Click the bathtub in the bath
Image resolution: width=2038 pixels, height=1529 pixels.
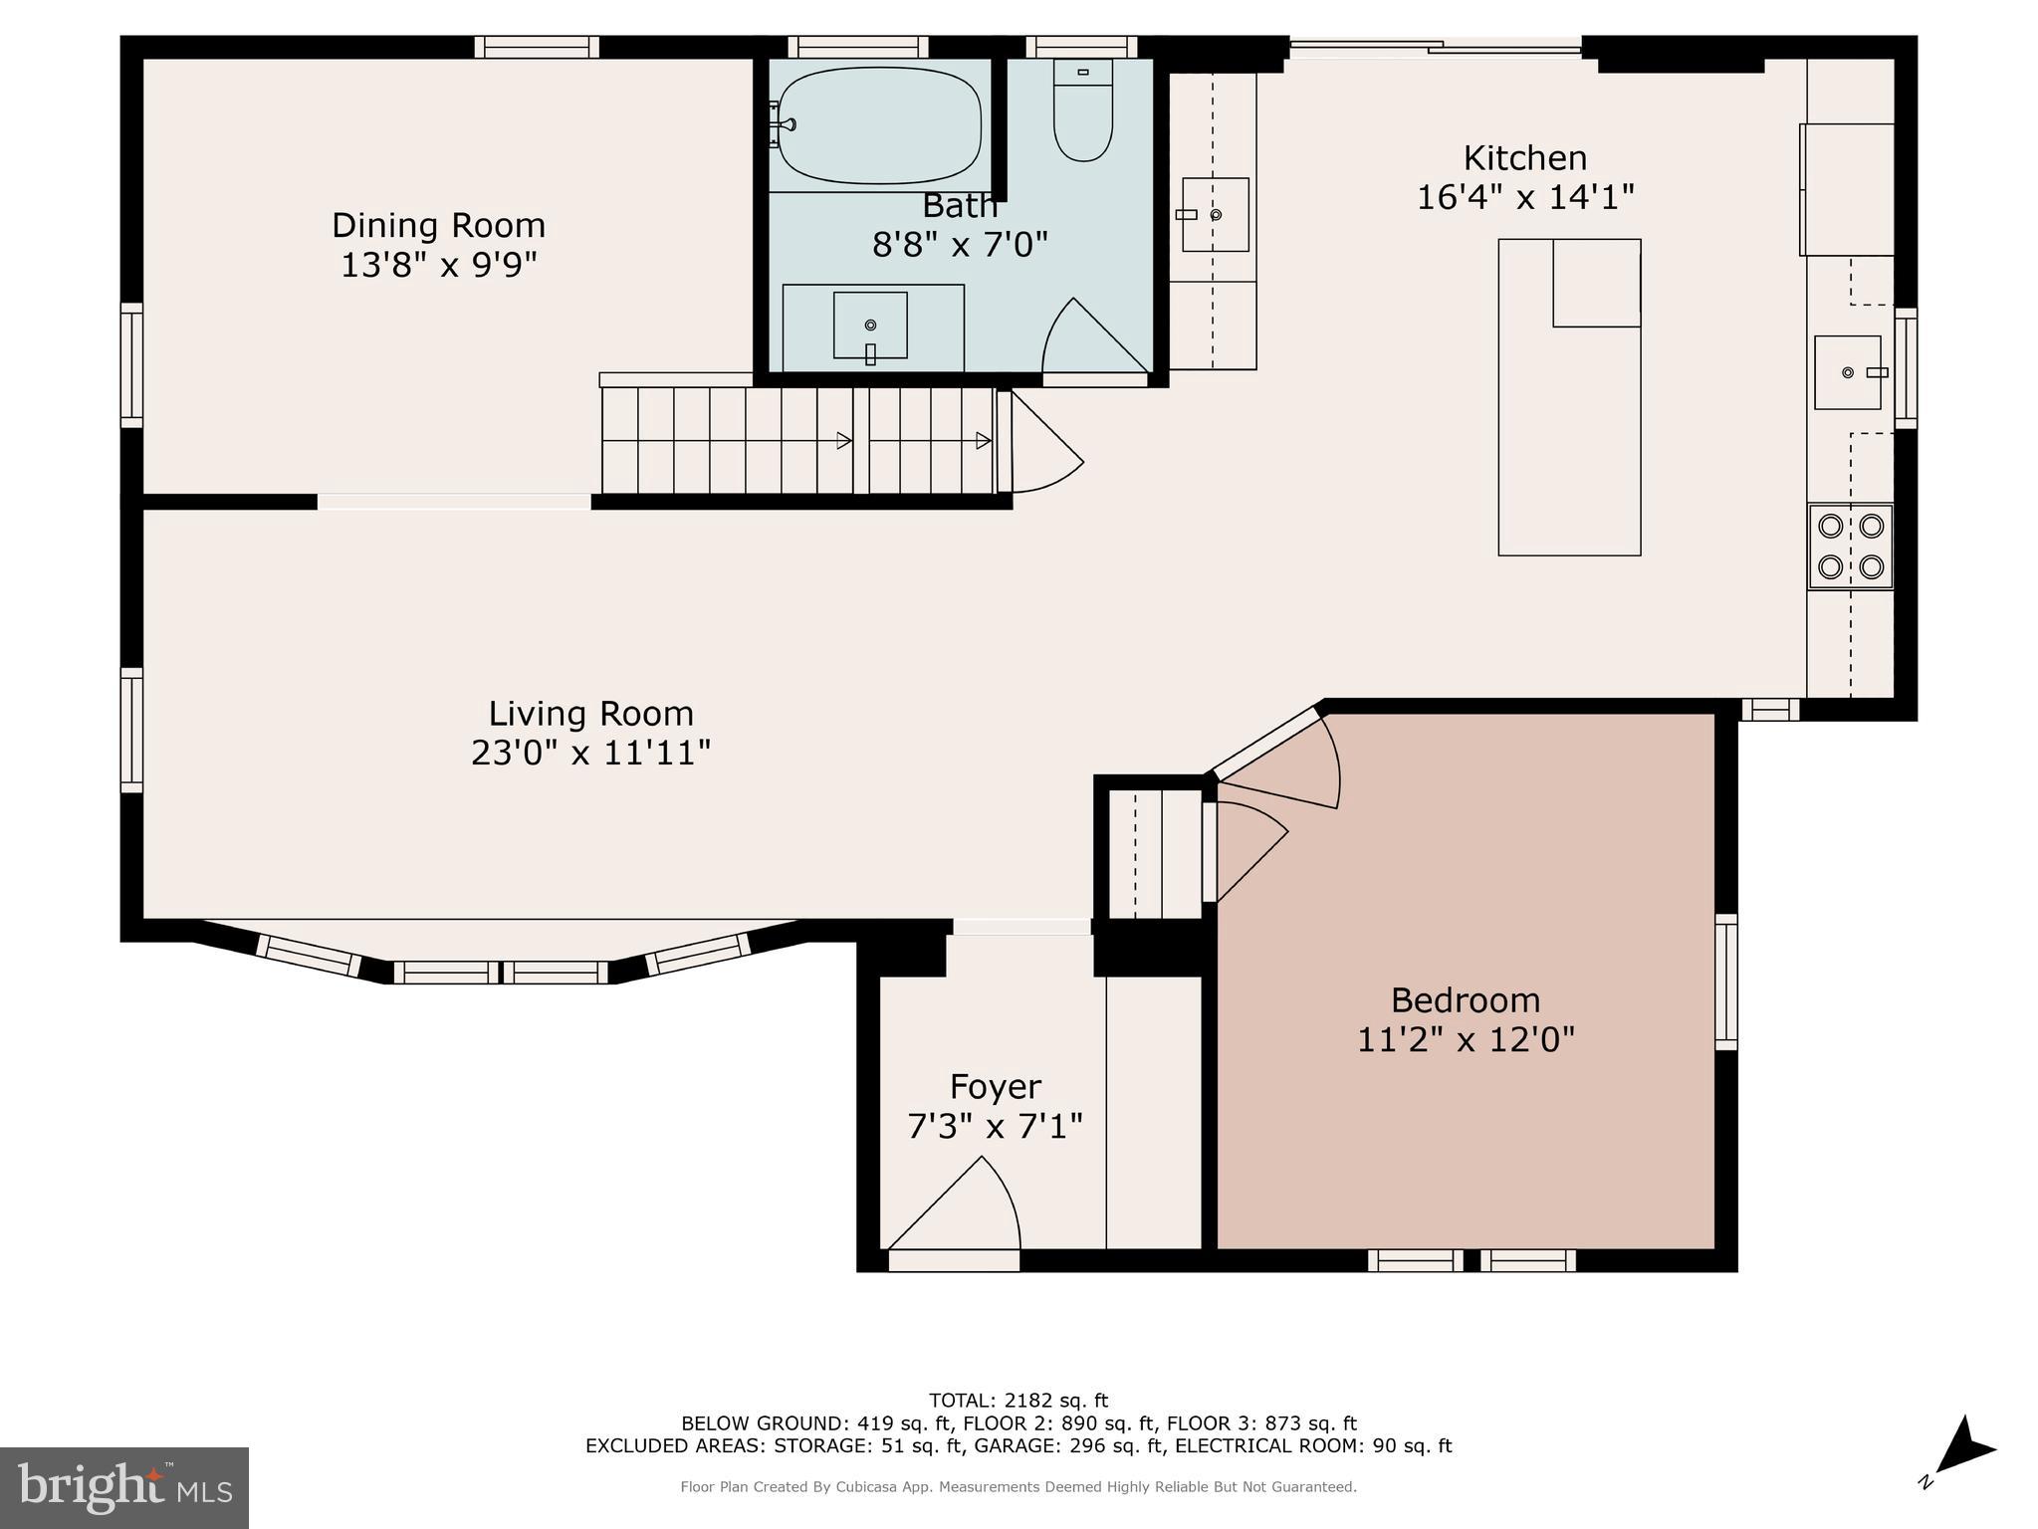pyautogui.click(x=878, y=125)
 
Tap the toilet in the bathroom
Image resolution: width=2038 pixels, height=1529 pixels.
pyautogui.click(x=1082, y=111)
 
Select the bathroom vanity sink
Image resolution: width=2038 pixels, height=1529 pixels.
pyautogui.click(x=870, y=326)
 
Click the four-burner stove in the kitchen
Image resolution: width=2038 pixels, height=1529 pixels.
pyautogui.click(x=1851, y=547)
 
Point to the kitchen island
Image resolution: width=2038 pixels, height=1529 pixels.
pyautogui.click(x=1568, y=398)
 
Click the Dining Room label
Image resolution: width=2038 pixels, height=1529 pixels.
pyautogui.click(x=438, y=225)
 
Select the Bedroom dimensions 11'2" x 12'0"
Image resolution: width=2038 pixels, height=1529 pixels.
pyautogui.click(x=1465, y=1040)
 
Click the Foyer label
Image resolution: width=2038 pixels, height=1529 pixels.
pyautogui.click(x=995, y=1086)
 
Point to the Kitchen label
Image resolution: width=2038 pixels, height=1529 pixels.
pyautogui.click(x=1524, y=158)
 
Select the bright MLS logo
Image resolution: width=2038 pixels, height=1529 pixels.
pyautogui.click(x=124, y=1487)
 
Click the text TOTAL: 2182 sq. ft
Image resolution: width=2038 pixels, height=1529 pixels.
pyautogui.click(x=1018, y=1401)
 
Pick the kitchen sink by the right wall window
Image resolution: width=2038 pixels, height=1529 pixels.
pyautogui.click(x=1848, y=372)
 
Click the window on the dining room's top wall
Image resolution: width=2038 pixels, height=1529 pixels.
pyautogui.click(x=537, y=47)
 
